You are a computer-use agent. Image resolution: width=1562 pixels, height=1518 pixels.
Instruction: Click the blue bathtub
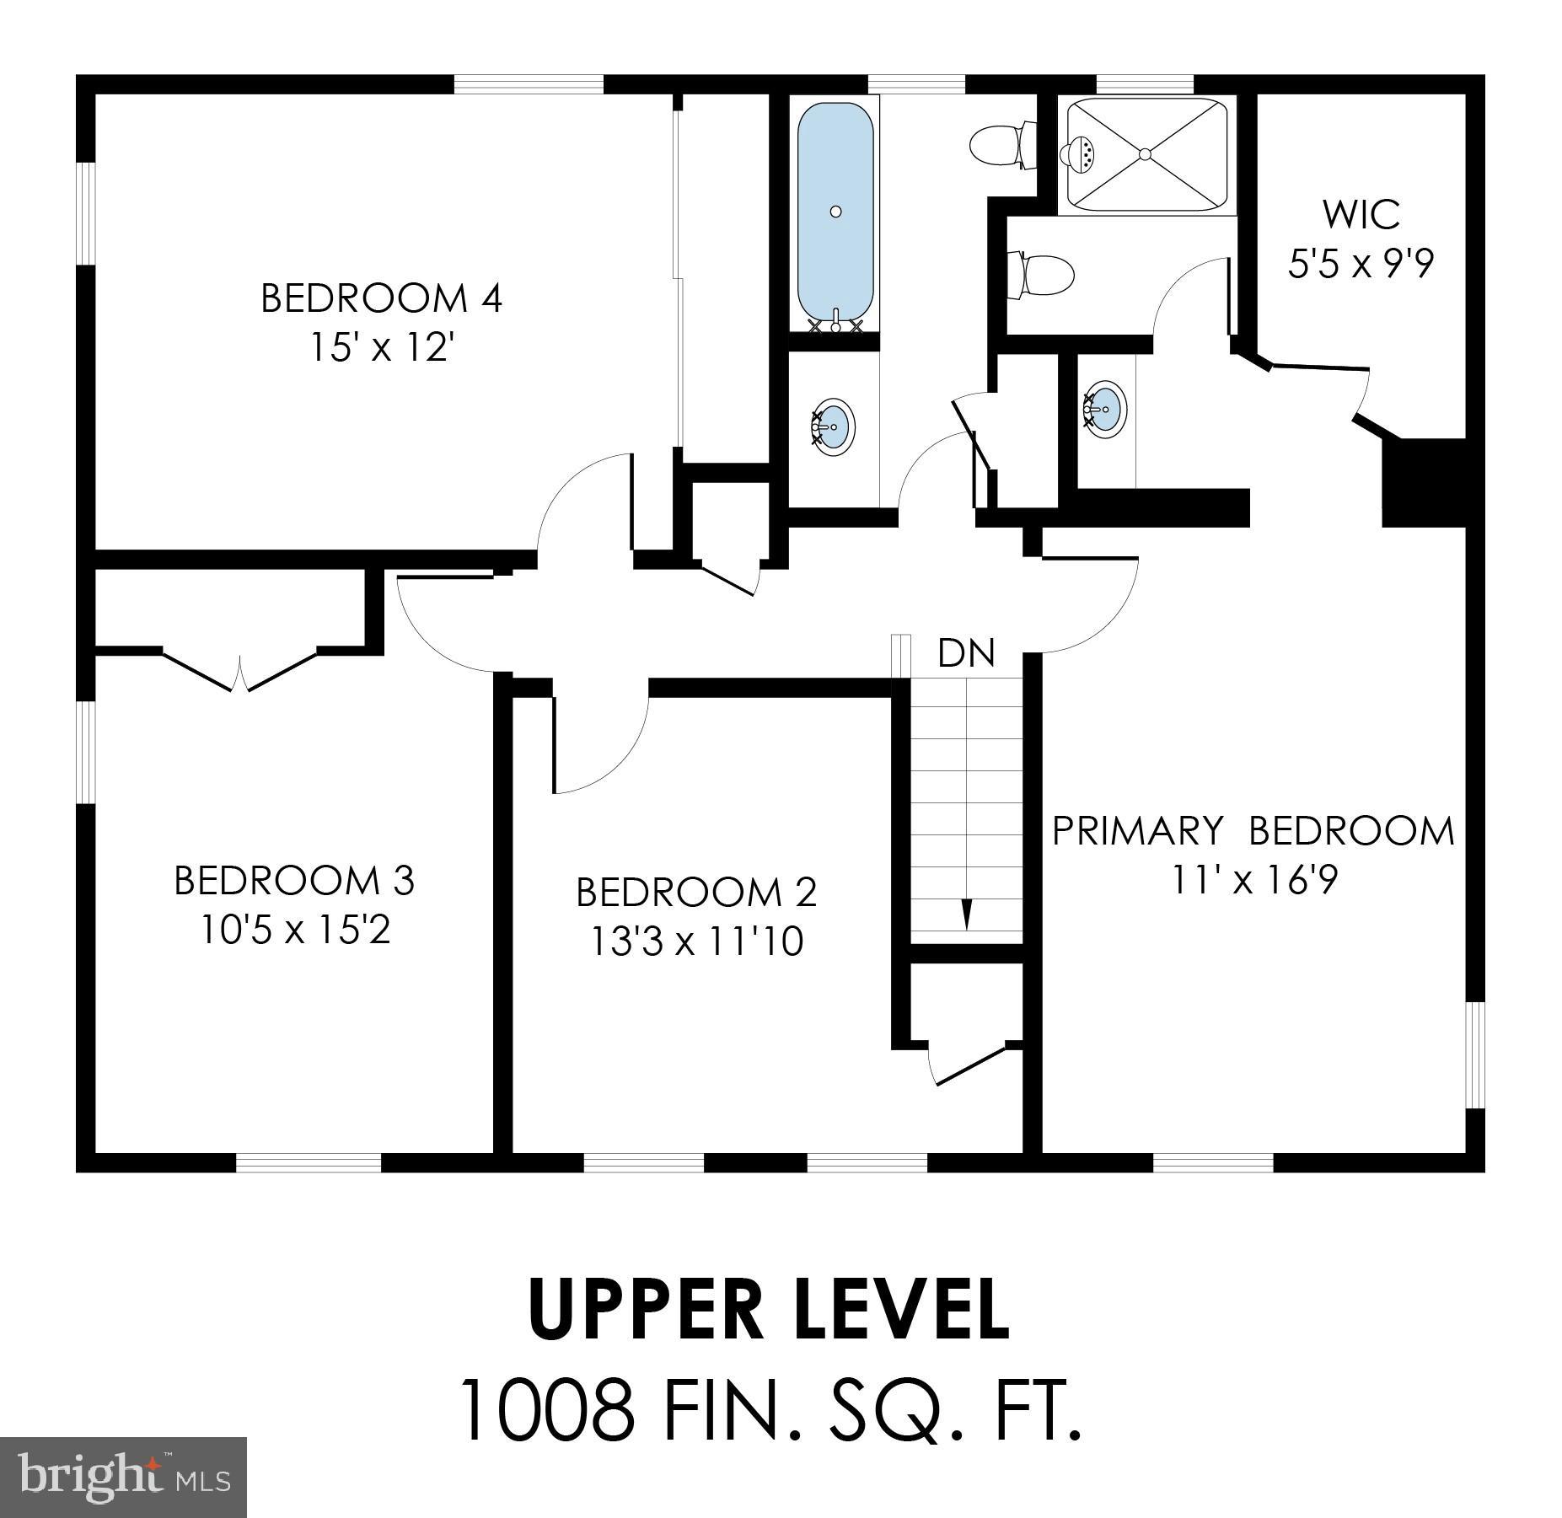point(835,215)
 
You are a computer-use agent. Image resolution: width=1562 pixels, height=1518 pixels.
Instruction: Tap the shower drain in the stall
point(1145,153)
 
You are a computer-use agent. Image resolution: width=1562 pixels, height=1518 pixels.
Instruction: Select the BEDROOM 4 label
point(381,298)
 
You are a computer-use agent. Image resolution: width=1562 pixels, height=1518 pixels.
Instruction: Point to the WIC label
point(1361,214)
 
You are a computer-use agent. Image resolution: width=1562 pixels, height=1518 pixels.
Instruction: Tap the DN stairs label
point(966,653)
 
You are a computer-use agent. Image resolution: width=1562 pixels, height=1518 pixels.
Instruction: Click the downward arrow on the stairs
point(967,914)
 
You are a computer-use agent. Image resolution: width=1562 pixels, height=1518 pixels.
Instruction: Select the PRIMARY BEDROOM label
point(1253,831)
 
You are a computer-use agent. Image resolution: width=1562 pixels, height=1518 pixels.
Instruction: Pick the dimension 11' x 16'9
point(1253,881)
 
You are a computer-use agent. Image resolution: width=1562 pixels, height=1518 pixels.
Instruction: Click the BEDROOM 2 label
point(696,893)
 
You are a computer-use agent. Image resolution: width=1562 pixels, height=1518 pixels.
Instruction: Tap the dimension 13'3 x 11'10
point(696,941)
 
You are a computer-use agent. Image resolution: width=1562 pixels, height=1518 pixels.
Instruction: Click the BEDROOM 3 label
point(294,881)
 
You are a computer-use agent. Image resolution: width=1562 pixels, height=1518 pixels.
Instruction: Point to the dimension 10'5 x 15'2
point(294,931)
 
